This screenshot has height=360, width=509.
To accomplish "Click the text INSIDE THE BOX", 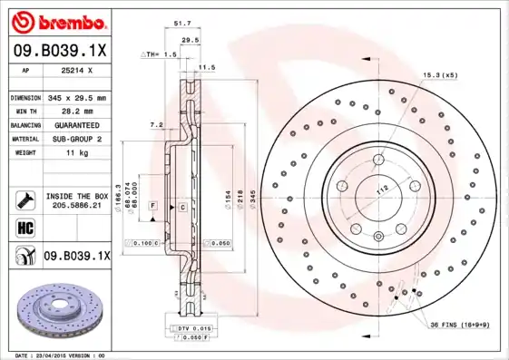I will click(x=77, y=196).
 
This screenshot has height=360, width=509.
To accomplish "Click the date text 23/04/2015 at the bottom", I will click(x=54, y=355).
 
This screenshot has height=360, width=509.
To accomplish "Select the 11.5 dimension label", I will click(x=207, y=67).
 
